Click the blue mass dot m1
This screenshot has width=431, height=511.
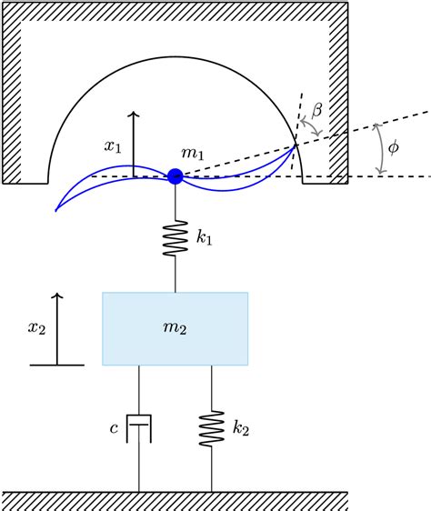pyautogui.click(x=175, y=176)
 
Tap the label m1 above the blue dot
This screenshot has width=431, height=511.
pyautogui.click(x=192, y=152)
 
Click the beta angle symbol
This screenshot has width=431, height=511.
pyautogui.click(x=317, y=110)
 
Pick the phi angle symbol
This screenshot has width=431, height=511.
pyautogui.click(x=393, y=146)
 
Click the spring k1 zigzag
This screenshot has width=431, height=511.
pyautogui.click(x=175, y=238)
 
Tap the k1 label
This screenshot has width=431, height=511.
pyautogui.click(x=205, y=238)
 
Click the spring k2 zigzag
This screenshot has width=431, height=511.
pyautogui.click(x=212, y=427)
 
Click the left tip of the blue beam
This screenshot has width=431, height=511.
pyautogui.click(x=56, y=210)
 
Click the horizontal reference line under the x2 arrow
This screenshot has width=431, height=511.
pyautogui.click(x=57, y=365)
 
